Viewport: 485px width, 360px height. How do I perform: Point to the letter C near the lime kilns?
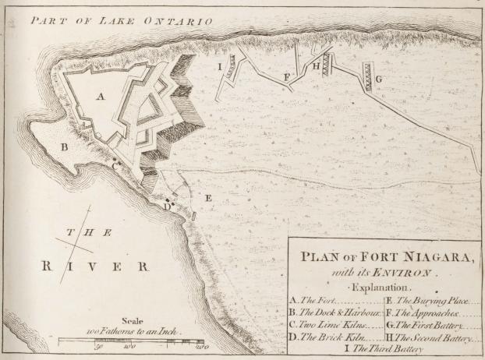pos(115,165)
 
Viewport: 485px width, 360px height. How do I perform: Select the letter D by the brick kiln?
pos(165,206)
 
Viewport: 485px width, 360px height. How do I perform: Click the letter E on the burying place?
pos(207,199)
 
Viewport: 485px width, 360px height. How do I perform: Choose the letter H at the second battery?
pos(316,67)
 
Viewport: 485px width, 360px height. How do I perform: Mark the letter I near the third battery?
pos(221,67)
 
